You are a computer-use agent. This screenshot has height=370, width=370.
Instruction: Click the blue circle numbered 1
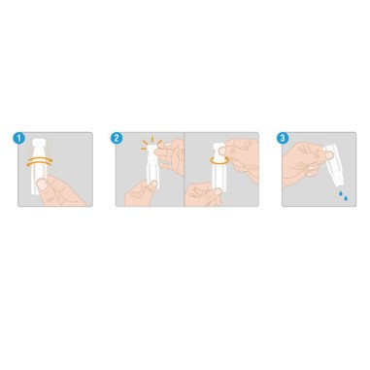coord(18,138)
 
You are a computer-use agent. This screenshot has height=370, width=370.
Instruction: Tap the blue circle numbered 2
coord(117,138)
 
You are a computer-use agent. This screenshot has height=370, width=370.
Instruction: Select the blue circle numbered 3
coord(283,138)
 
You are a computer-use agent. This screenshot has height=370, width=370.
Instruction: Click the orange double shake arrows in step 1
coord(40,161)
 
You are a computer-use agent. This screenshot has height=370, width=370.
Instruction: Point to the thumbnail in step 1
coord(42,185)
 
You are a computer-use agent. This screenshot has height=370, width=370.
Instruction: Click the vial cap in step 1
coord(40,143)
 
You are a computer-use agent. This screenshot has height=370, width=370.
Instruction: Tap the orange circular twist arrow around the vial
coord(219,159)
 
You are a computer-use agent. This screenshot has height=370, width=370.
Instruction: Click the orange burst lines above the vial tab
coord(151,144)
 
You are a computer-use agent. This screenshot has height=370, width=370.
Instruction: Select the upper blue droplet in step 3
coord(341,193)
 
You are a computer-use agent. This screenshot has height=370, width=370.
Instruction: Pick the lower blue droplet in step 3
coord(346,198)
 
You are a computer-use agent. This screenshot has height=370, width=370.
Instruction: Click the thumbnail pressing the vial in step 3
coord(329,155)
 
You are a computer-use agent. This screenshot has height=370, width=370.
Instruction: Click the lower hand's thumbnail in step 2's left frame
coord(153,185)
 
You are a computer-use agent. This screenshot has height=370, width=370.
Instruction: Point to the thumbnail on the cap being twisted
coord(223,151)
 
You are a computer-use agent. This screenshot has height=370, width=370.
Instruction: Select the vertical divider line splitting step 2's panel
coord(184,169)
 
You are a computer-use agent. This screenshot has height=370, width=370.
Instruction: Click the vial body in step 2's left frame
coord(151,169)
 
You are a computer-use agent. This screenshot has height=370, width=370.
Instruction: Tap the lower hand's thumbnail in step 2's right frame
coord(218,192)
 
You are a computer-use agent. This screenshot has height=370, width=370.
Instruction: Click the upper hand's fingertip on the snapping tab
coord(158,151)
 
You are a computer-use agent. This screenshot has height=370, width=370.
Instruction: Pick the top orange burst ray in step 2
coord(151,140)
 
